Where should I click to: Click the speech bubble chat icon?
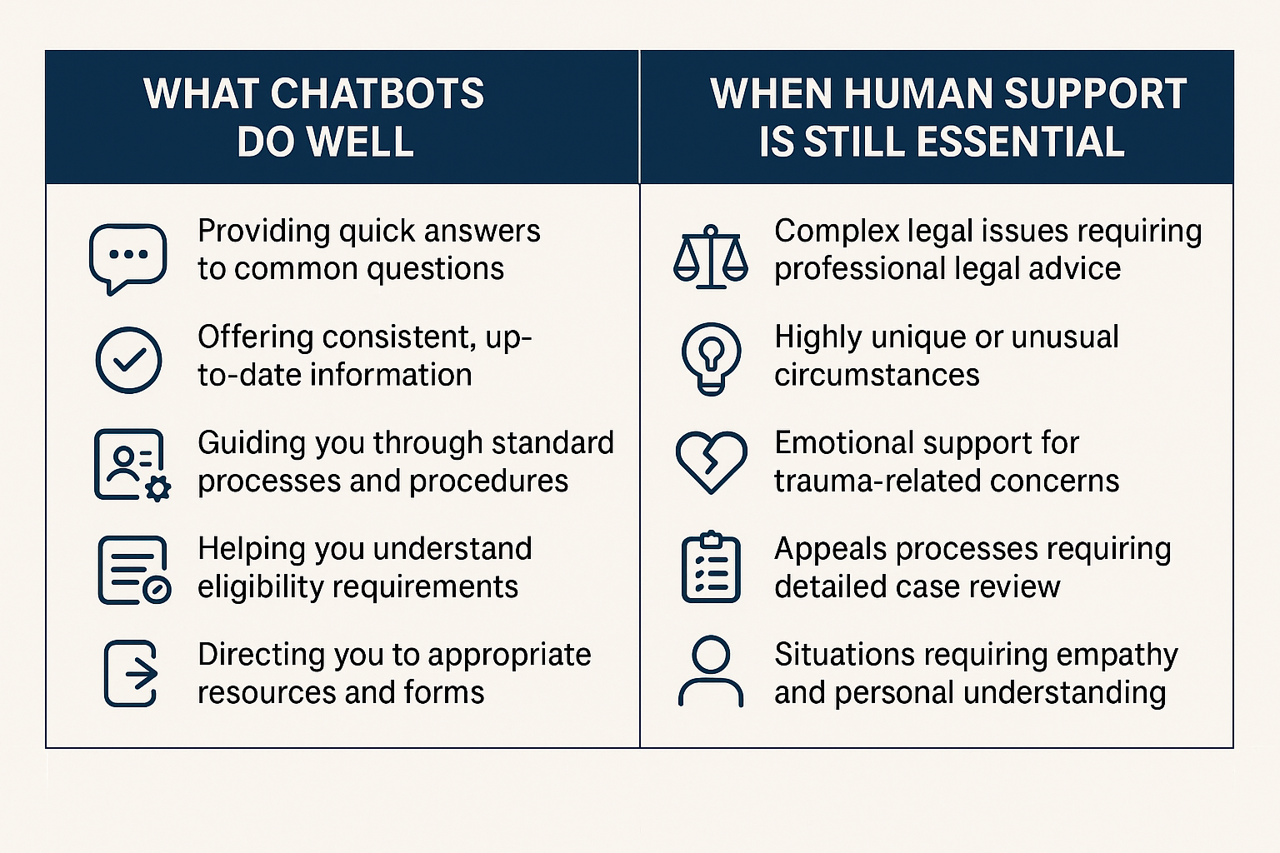127,257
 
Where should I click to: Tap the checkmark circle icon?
128,360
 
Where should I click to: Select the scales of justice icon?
710,257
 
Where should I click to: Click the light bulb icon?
710,358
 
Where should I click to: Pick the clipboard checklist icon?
710,566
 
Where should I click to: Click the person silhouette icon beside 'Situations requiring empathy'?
710,671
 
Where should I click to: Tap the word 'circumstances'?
877,376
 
